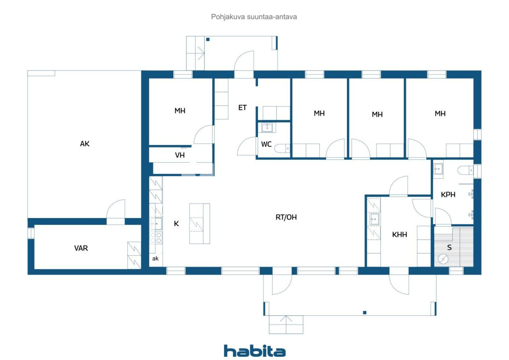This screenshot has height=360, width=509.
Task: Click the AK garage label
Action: [x=85, y=144]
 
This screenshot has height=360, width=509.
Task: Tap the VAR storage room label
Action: [x=81, y=248]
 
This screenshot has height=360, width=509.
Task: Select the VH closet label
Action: [x=180, y=155]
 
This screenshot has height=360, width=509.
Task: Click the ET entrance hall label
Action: [x=243, y=107]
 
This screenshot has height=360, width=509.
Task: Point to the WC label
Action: [x=266, y=144]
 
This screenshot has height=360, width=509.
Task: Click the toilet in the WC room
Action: [x=283, y=148]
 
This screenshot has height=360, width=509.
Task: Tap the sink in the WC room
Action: [x=267, y=128]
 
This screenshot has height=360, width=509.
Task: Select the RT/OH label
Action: [x=286, y=217]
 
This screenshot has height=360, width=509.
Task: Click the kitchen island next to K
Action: [x=199, y=224]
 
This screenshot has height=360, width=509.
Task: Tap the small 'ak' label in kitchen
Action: [x=155, y=259]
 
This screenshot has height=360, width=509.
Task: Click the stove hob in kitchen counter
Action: [x=156, y=238]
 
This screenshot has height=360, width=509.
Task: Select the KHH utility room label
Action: [x=399, y=235]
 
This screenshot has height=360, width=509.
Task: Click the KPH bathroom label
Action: [x=448, y=195]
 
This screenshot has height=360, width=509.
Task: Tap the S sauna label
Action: [x=449, y=247]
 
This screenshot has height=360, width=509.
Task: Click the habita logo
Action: [x=254, y=351]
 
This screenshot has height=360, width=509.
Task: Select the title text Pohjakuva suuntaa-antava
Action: [x=254, y=17]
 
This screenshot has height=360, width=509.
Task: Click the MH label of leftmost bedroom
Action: [x=180, y=111]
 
